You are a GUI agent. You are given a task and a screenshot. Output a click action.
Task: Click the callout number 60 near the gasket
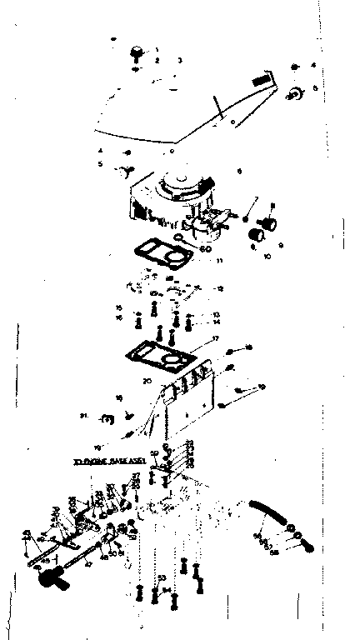207,247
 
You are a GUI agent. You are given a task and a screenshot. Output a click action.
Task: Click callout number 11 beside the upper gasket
217,261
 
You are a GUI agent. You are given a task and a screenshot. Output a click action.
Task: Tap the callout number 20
147,380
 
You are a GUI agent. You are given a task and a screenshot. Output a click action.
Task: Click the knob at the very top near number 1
134,55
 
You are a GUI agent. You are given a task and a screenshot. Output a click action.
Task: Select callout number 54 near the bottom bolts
168,590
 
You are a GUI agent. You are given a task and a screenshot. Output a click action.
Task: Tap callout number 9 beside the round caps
281,245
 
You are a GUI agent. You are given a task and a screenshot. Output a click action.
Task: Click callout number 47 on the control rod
88,564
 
